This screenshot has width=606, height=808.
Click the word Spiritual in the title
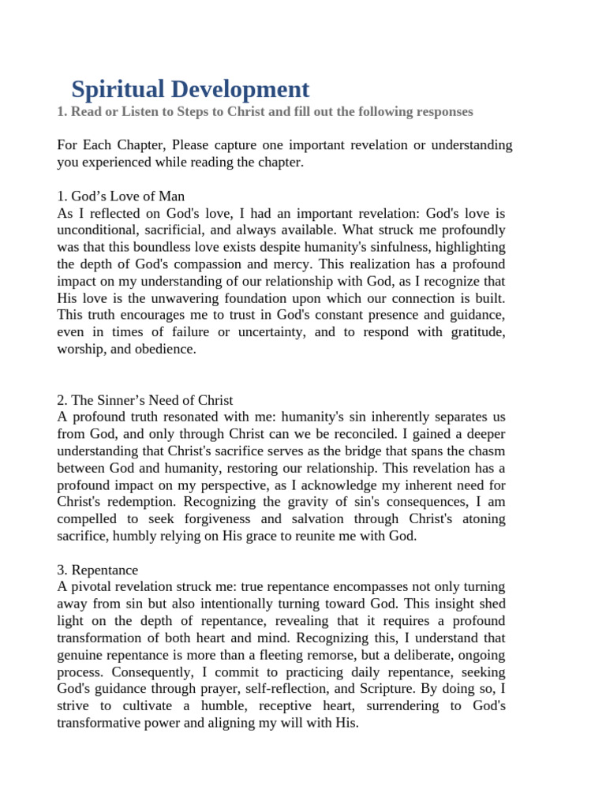pyautogui.click(x=119, y=88)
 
